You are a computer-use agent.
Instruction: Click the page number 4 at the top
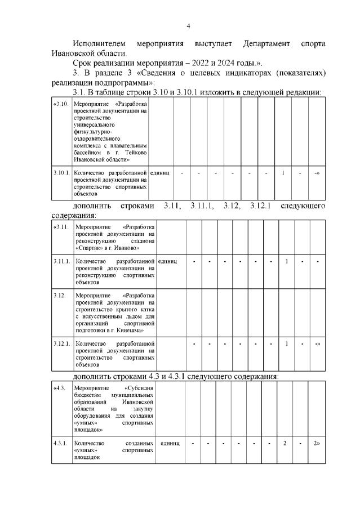coord(189,26)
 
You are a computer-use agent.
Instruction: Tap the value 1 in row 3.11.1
coord(287,261)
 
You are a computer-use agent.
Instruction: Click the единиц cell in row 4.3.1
coord(169,444)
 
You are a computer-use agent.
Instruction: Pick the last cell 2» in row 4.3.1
coord(317,444)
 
